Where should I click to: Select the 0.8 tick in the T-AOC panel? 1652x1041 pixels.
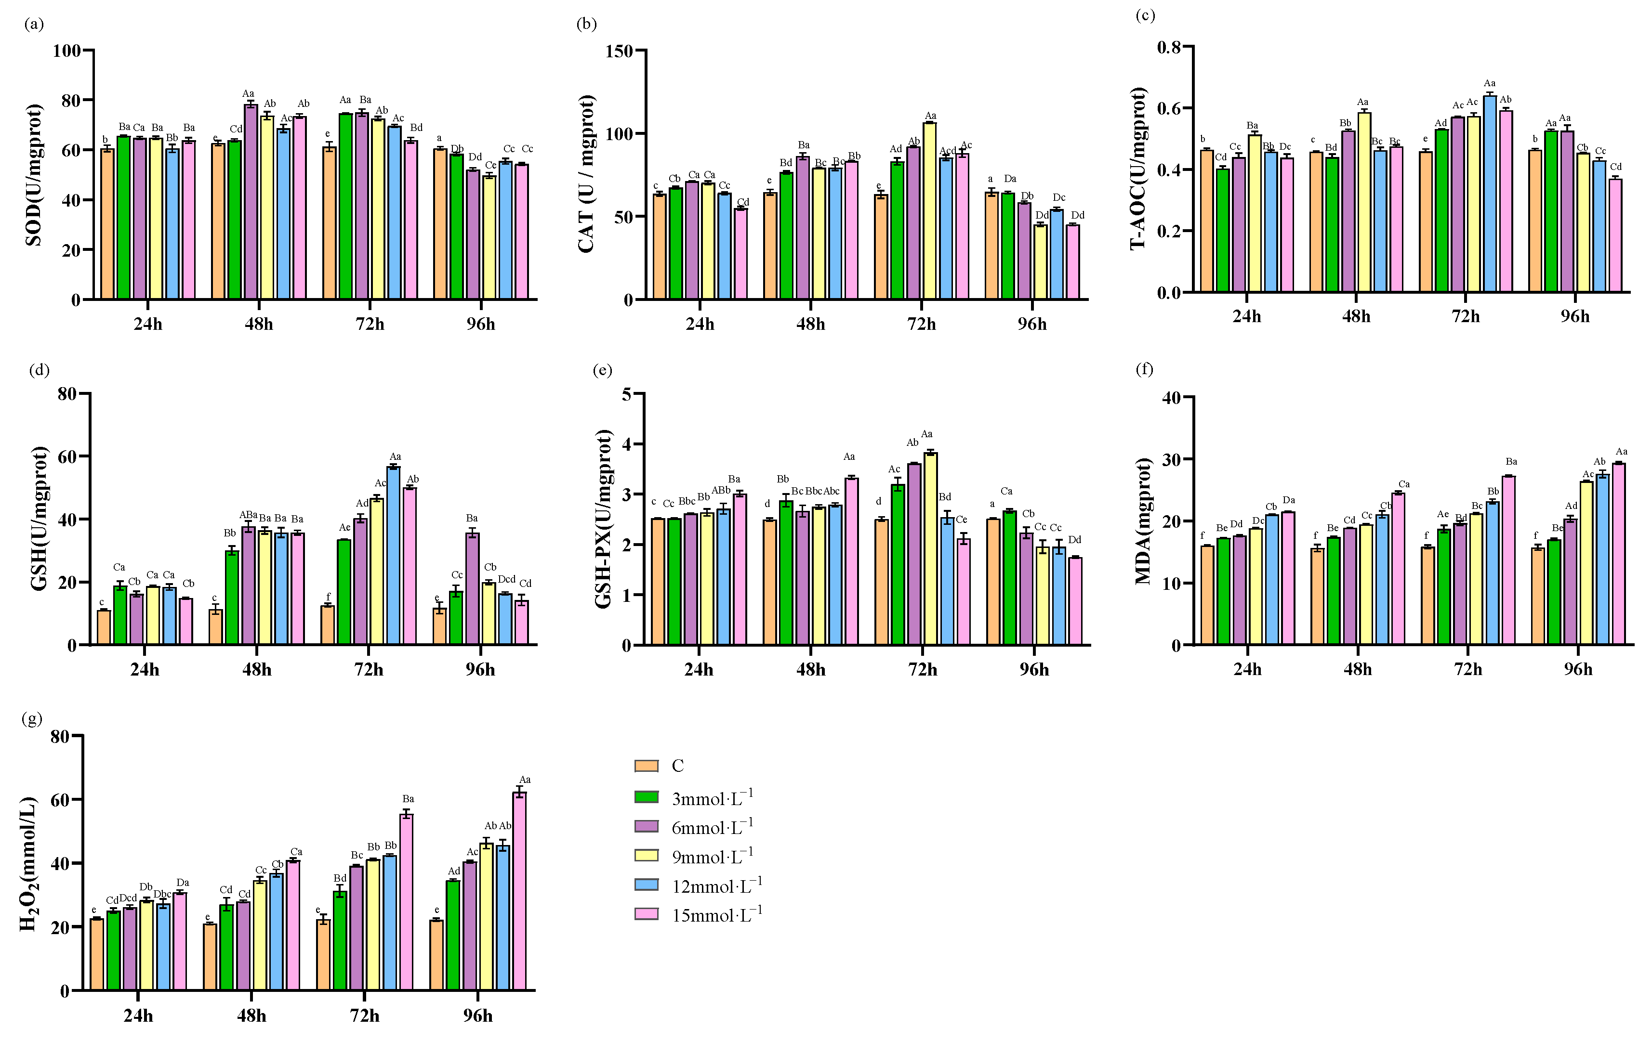coord(1169,47)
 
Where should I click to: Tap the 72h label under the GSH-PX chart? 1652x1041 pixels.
coord(922,670)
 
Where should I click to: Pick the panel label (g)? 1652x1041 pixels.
coord(32,719)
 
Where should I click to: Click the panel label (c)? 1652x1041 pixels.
coord(1145,15)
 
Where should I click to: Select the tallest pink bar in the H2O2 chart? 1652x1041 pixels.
coord(519,892)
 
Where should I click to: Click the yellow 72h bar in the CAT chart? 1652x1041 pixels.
coord(930,210)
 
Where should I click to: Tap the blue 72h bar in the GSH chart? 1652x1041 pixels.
coord(393,556)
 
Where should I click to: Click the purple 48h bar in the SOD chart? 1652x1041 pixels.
coord(251,202)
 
